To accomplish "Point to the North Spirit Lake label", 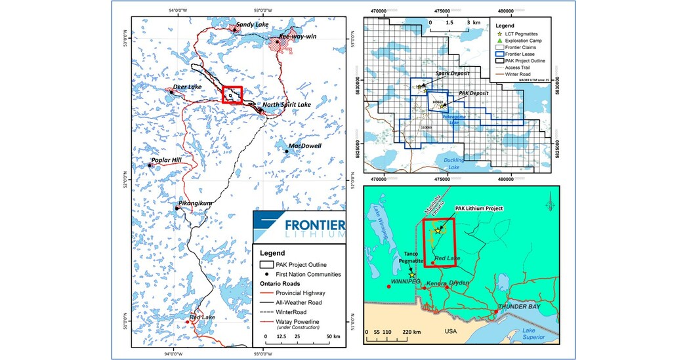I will coord(289,105).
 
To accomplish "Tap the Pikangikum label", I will coord(196,203).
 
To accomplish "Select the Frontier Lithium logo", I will coord(301,227).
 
